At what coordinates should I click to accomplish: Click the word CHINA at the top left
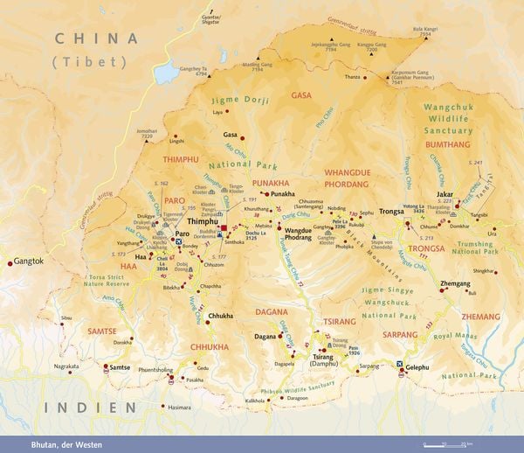(96, 38)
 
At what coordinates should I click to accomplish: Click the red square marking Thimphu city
(224, 228)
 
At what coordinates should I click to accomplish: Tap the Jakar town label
(445, 197)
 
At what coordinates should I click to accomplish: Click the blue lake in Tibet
(166, 73)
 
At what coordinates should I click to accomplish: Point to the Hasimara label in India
(179, 408)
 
